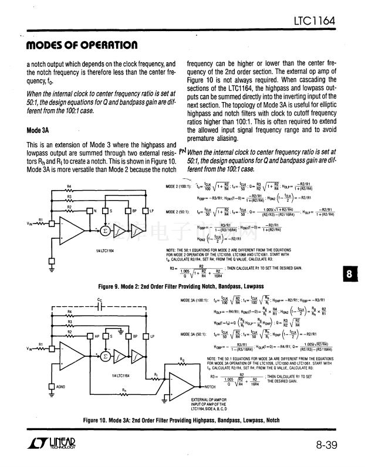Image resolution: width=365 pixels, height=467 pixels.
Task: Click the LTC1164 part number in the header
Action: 314,22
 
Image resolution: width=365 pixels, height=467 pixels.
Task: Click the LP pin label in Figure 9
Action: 152,210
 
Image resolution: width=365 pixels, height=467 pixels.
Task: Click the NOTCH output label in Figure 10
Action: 211,387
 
